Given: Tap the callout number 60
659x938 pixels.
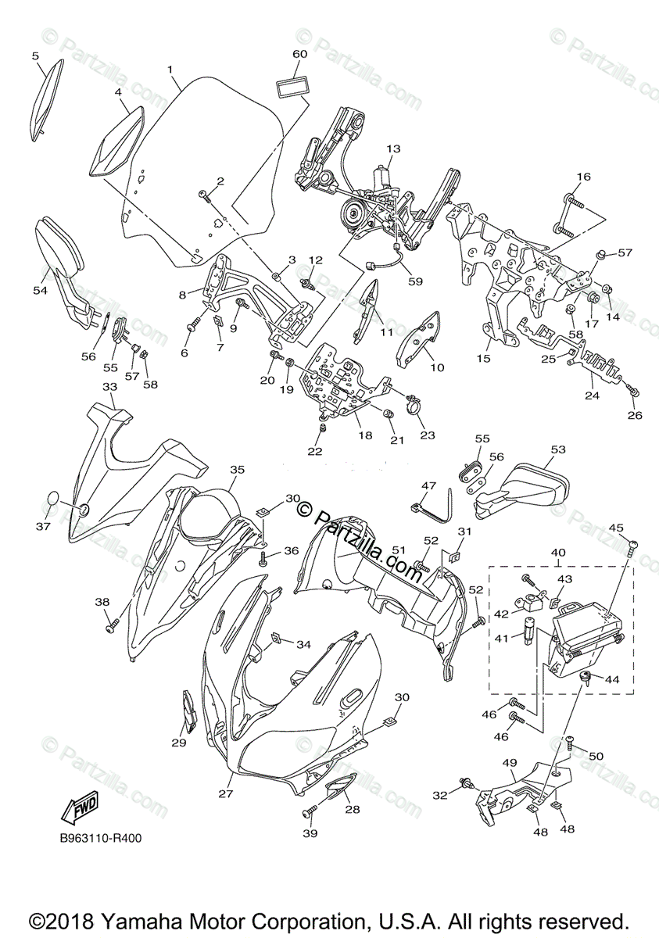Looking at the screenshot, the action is click(300, 54).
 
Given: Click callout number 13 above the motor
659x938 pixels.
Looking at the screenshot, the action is click(392, 149).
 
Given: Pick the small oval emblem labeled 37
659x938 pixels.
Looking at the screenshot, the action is click(48, 499).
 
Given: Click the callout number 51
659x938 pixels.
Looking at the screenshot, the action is click(398, 551).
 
